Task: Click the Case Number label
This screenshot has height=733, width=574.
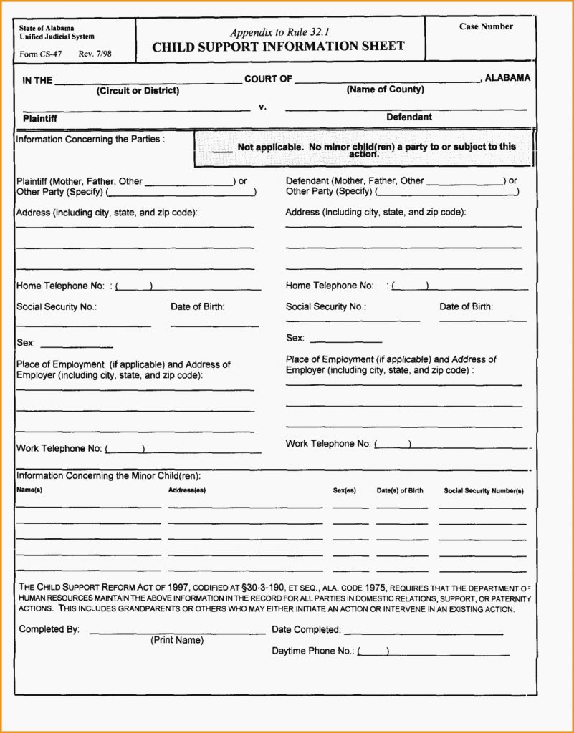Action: [486, 26]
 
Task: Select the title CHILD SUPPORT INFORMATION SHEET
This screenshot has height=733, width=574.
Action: [278, 47]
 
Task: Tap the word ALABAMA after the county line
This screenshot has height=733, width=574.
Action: [507, 78]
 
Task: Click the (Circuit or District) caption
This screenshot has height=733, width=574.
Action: [138, 91]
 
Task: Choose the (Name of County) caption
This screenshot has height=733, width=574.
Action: [385, 89]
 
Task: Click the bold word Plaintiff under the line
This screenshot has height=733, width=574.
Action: [40, 118]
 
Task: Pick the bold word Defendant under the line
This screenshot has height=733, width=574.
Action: [409, 117]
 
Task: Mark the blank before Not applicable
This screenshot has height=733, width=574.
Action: [222, 149]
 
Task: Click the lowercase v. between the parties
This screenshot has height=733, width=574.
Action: [262, 107]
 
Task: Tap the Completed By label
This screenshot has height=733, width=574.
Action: [49, 629]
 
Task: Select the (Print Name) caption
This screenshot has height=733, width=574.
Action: [177, 640]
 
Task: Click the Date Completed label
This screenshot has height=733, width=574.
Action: [306, 630]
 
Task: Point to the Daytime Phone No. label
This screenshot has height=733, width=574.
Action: [312, 651]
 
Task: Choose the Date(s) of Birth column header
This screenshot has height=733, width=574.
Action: [400, 491]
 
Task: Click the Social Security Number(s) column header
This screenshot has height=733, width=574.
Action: [484, 491]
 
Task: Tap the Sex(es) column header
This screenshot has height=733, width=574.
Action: [345, 491]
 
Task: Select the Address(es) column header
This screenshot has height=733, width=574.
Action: [187, 491]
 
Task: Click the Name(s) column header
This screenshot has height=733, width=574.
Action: [29, 491]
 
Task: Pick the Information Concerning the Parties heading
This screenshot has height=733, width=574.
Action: [90, 140]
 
